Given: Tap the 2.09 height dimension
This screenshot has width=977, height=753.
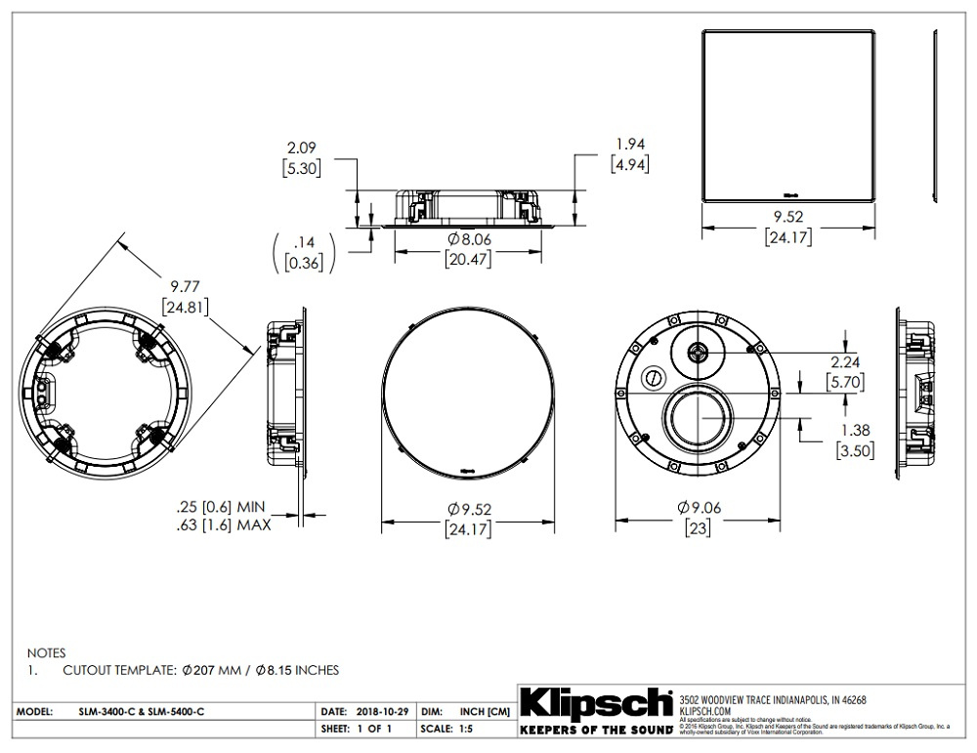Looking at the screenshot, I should click(x=302, y=147).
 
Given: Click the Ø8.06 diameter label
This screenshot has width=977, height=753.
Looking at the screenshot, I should click(x=468, y=240).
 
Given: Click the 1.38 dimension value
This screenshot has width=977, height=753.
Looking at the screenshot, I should click(x=854, y=430).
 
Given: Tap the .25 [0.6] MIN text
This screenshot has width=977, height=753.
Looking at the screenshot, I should click(x=222, y=508).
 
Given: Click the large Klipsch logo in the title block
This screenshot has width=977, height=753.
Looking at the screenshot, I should click(x=595, y=704).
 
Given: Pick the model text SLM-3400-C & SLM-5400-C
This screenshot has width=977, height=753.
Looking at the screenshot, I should click(x=142, y=712).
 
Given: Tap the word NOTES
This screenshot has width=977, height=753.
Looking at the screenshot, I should click(x=45, y=651).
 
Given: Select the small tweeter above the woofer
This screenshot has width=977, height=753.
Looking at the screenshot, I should click(x=698, y=353).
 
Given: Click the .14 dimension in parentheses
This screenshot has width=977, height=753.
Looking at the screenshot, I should click(x=303, y=242).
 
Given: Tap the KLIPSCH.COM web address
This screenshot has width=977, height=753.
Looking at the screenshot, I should click(x=705, y=712).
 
